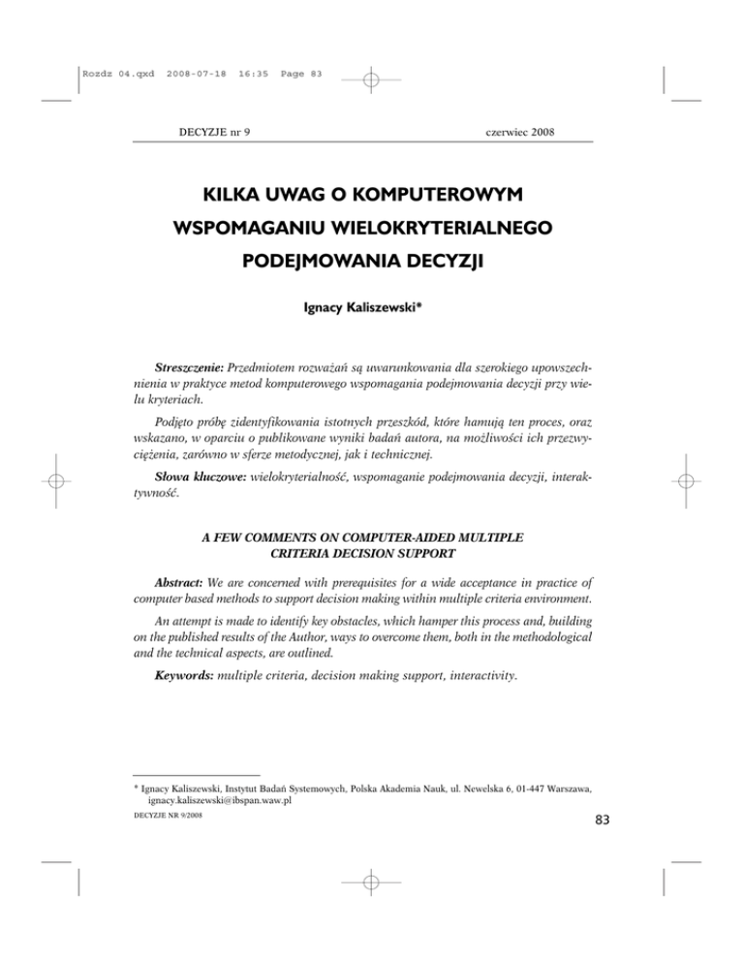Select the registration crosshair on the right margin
685,481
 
